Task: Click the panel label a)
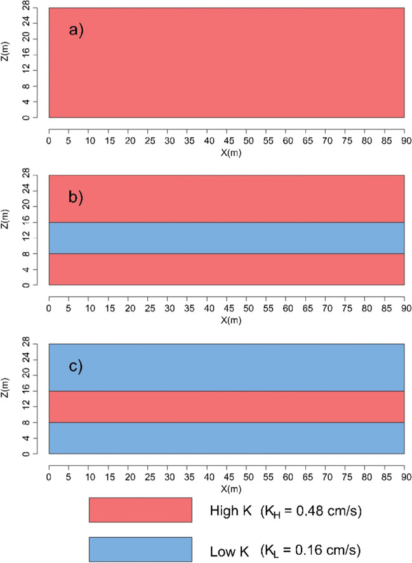[76, 29]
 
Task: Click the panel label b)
[76, 196]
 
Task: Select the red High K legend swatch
[140, 510]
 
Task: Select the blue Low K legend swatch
[140, 549]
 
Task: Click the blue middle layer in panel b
[227, 238]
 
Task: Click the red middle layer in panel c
[227, 406]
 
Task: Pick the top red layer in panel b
[227, 198]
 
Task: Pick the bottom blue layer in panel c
[227, 438]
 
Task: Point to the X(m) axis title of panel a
[227, 153]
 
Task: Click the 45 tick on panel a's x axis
[227, 140]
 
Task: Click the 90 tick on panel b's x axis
[404, 309]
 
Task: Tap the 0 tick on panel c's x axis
[49, 477]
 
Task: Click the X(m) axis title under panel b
[227, 321]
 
